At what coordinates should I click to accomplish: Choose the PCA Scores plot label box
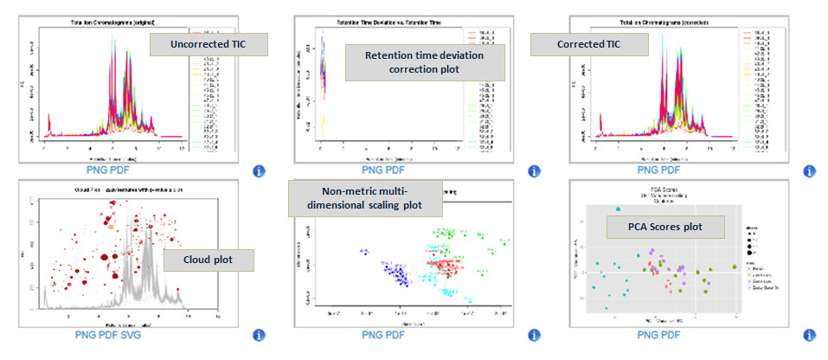pos(664,228)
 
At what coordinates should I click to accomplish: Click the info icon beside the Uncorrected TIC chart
pos(258,171)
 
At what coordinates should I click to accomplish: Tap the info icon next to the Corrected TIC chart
pos(810,171)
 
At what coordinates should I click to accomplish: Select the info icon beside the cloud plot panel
pos(258,335)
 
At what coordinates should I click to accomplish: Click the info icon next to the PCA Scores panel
pos(810,335)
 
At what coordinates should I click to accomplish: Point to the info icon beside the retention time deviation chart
pos(534,171)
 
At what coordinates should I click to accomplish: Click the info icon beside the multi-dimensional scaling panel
pos(534,335)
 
